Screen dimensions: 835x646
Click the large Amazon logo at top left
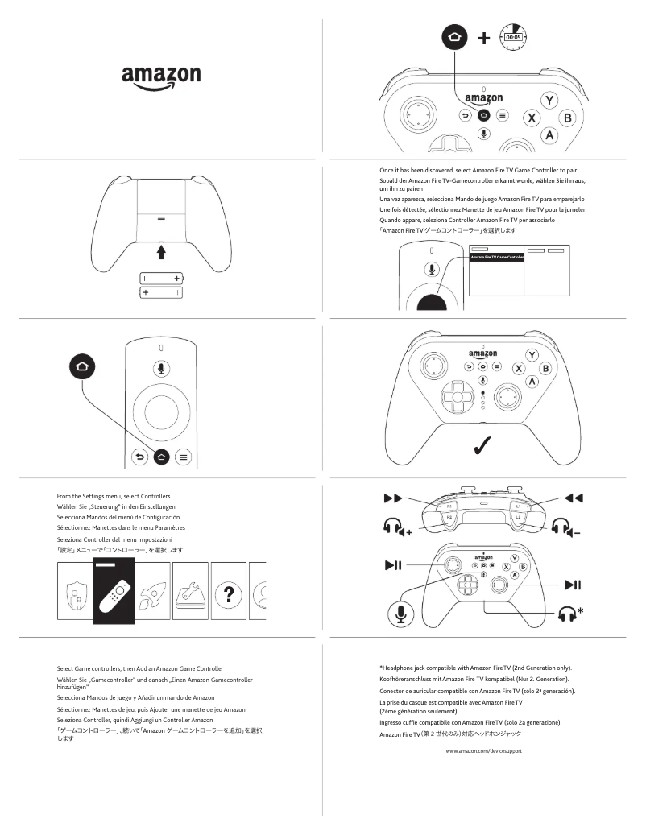click(x=161, y=77)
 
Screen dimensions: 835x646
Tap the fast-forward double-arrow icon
click(x=393, y=498)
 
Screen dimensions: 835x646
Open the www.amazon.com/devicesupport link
click(x=483, y=750)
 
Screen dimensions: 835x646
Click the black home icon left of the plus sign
click(x=454, y=38)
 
